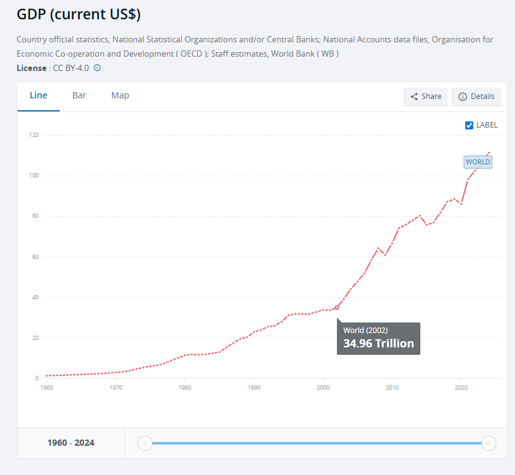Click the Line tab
pos(39,95)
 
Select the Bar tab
pos(79,95)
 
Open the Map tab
pos(120,95)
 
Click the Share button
pos(426,96)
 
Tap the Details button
pos(476,96)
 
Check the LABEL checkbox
pos(470,125)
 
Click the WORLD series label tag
pos(478,162)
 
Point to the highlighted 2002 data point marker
pos(337,307)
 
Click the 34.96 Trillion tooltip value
pos(378,343)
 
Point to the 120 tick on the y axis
pos(34,135)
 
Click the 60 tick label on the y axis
pos(35,256)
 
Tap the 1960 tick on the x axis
pos(46,388)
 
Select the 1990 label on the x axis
pos(253,388)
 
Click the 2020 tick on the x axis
pos(461,388)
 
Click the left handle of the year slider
pos(144,443)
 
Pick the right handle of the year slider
pos(489,443)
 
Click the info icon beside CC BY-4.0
pos(97,68)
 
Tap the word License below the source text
pos(31,68)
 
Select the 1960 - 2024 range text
pos(71,443)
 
